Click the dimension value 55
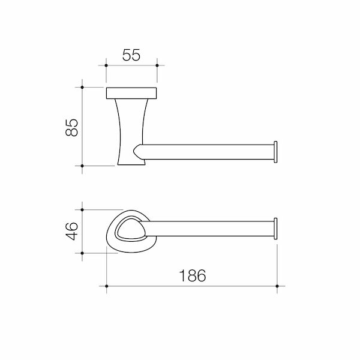(x=131, y=55)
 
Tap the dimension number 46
(x=71, y=231)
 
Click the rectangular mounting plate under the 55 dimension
(x=131, y=93)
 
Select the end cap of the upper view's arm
(x=276, y=152)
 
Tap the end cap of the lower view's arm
(x=276, y=229)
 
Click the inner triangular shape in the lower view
(x=129, y=230)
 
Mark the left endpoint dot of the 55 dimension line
(x=106, y=65)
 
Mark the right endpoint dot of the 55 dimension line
(x=157, y=65)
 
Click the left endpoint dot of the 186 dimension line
(x=107, y=286)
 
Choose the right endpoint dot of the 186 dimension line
(x=277, y=286)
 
